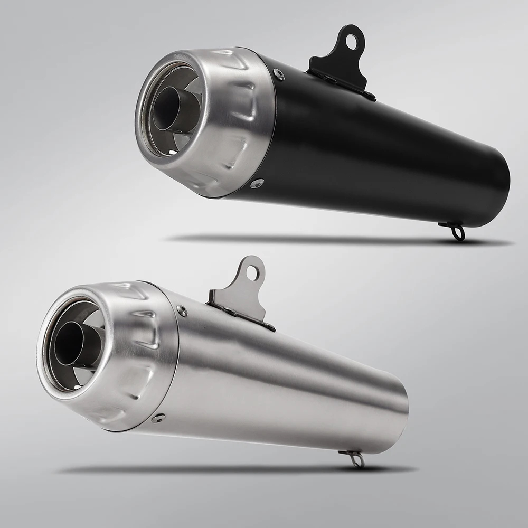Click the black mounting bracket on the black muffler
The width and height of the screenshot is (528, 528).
click(x=338, y=66)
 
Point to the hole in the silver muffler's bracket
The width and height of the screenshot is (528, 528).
click(x=253, y=272)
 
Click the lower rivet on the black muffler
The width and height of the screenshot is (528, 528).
click(x=257, y=183)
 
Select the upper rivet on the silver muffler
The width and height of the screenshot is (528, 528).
click(x=182, y=311)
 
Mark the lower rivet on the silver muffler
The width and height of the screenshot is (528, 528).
click(x=157, y=418)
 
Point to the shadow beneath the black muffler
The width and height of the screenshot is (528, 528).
click(x=338, y=239)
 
